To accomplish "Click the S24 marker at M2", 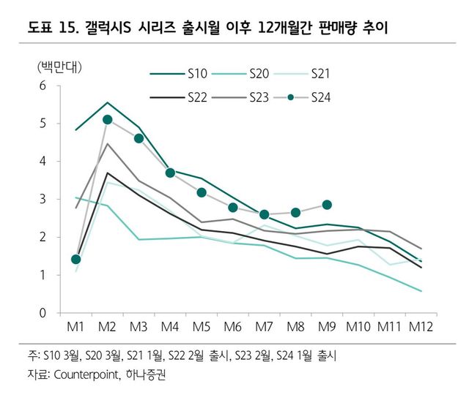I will (108, 119).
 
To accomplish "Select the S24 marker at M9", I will (327, 205).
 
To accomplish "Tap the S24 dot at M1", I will (76, 260).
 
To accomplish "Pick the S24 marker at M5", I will (202, 192).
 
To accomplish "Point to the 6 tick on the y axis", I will (43, 86).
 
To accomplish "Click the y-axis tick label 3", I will (43, 199).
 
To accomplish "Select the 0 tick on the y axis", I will (43, 313).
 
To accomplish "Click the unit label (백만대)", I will (59, 67).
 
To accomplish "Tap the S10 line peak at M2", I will (108, 102).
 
